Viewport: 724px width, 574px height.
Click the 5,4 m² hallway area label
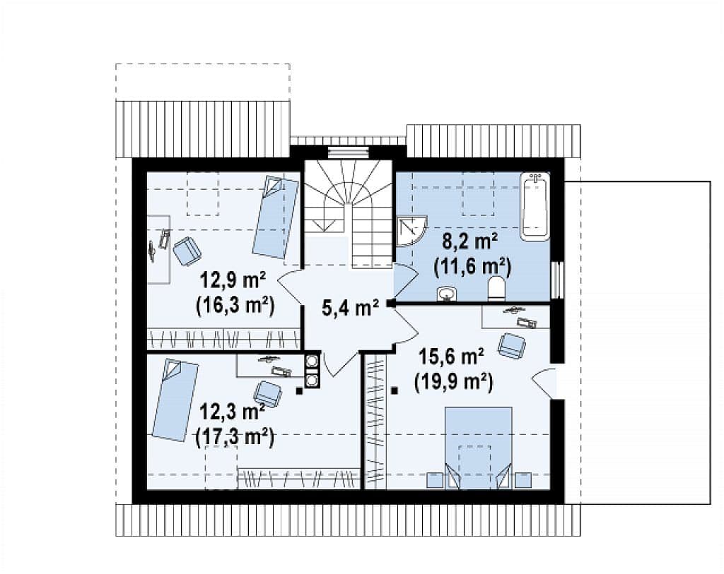click(x=350, y=308)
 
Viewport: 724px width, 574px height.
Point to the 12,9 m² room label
click(x=233, y=280)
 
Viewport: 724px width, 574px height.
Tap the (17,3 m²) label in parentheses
click(x=235, y=436)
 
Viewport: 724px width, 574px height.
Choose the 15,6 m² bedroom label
click(x=451, y=356)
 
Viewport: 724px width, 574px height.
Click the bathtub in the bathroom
click(x=535, y=206)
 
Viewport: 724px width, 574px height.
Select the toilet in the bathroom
click(x=496, y=289)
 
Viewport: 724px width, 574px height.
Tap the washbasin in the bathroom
click(x=447, y=294)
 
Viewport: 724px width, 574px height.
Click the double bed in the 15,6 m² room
click(x=478, y=448)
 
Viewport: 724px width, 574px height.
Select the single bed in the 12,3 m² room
click(x=175, y=400)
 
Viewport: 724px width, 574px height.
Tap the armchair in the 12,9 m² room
click(x=187, y=251)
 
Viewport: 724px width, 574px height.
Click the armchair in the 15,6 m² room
click(x=512, y=345)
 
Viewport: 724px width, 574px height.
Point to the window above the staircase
click(x=349, y=152)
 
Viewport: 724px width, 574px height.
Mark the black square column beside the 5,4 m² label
click(x=391, y=303)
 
